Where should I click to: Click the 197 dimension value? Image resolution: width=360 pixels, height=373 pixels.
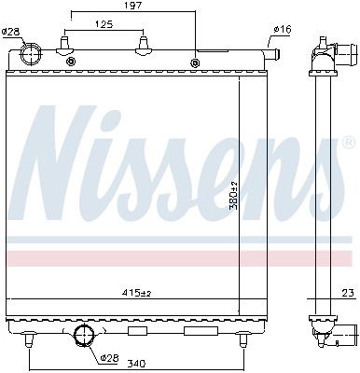tap(133, 6)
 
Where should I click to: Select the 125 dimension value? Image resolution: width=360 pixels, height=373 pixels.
tap(104, 24)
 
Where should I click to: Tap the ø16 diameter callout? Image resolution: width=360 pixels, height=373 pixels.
tap(283, 30)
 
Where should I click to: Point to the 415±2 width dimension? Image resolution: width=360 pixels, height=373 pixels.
tap(136, 293)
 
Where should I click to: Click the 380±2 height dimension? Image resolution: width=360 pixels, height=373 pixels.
tap(233, 195)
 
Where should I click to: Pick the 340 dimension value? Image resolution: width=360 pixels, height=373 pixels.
tap(137, 364)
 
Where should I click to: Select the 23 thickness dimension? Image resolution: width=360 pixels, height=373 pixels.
tap(348, 293)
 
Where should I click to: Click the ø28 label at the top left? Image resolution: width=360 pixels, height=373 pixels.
tap(10, 31)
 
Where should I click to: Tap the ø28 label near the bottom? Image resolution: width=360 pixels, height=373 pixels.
tap(110, 358)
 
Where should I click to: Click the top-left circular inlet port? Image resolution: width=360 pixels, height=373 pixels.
tap(31, 53)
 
